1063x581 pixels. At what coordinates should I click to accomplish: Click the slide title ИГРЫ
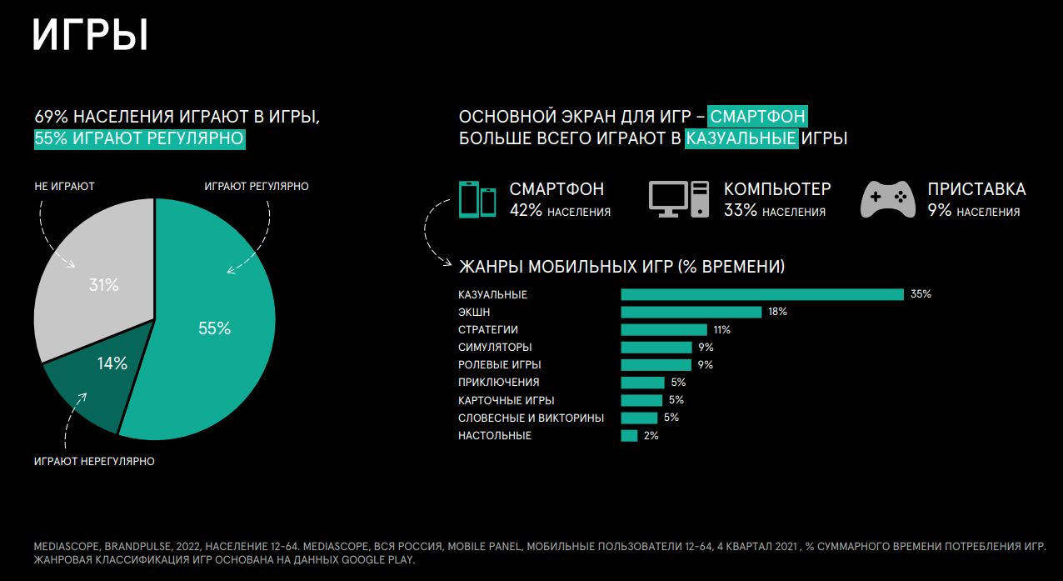90,36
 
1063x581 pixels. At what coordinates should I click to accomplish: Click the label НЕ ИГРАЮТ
64,186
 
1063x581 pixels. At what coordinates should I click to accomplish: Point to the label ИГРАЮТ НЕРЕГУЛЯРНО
94,461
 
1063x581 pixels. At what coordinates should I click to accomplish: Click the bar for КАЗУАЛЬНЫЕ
762,294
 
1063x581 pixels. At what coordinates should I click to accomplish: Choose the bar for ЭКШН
691,312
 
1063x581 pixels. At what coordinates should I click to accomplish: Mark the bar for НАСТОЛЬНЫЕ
629,435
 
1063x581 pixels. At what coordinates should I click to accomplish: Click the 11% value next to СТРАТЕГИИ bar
721,329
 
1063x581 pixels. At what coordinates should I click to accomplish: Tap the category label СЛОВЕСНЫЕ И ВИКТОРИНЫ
531,418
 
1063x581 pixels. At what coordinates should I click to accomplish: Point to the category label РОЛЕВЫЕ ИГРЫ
500,365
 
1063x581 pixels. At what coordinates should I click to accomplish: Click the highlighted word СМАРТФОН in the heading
758,116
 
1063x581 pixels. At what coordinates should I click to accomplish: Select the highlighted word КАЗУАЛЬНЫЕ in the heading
741,138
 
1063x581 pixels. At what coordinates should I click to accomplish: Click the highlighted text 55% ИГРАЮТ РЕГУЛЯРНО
140,138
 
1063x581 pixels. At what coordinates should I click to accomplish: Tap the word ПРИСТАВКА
976,189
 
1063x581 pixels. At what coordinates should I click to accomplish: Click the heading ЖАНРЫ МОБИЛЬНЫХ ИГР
621,267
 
